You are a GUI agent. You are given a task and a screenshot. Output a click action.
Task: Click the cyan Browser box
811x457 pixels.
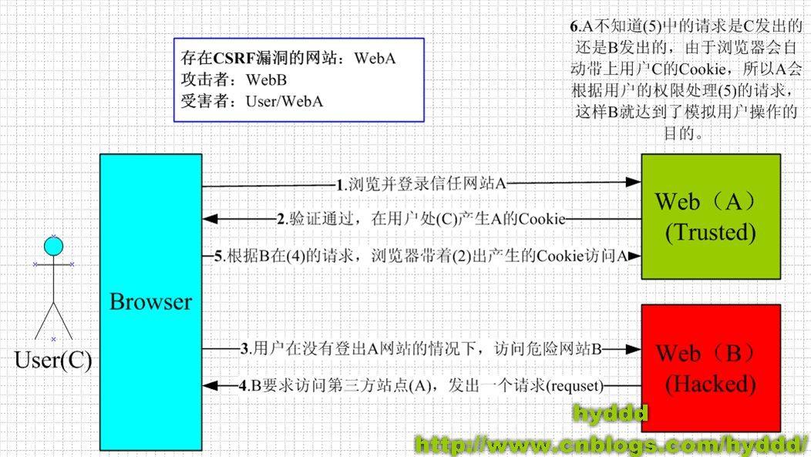150,301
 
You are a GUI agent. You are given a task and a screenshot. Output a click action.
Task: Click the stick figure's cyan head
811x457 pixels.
53,247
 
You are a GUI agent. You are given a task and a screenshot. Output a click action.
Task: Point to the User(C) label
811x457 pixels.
53,360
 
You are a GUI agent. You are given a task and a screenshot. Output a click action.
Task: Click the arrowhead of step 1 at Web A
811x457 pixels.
634,183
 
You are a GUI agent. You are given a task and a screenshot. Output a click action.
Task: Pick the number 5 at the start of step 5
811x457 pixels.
219,256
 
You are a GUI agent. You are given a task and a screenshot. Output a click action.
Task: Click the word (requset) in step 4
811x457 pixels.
575,384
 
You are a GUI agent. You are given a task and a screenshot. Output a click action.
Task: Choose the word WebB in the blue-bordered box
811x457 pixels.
267,79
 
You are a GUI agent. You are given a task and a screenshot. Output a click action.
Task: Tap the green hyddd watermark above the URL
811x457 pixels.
609,415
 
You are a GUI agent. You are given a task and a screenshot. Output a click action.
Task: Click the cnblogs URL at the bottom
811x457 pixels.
613,443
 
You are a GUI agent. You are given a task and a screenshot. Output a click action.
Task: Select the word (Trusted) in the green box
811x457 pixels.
710,231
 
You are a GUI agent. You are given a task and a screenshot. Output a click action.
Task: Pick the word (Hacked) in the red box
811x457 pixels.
710,383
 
